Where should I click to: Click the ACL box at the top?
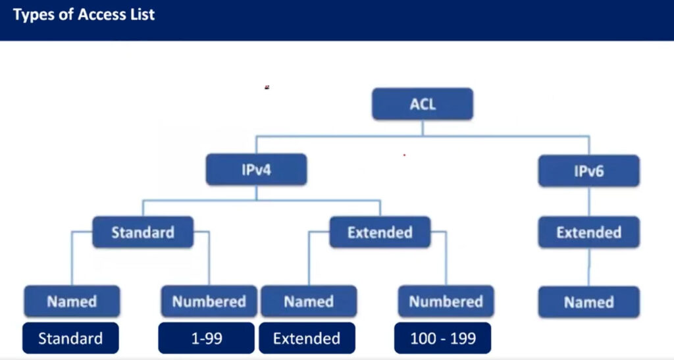[x=423, y=104]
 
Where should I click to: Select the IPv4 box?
[x=256, y=170]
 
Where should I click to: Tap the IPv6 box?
[x=589, y=171]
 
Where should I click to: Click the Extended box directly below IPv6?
[x=589, y=232]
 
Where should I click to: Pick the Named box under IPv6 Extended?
[x=589, y=302]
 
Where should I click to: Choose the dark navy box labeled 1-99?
[x=206, y=338]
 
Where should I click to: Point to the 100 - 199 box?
[x=443, y=338]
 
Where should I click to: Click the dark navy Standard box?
[x=70, y=338]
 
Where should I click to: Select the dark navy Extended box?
[x=307, y=338]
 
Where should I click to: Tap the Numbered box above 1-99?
[x=209, y=301]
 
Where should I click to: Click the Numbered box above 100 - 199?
[x=446, y=301]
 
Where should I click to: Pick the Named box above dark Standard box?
[x=72, y=301]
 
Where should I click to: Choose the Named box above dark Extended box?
[x=309, y=301]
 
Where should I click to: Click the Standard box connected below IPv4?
[x=143, y=232]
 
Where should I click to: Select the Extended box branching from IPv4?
[x=380, y=232]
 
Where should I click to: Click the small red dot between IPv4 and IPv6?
[x=404, y=155]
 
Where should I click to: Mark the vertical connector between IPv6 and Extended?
[x=589, y=202]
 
